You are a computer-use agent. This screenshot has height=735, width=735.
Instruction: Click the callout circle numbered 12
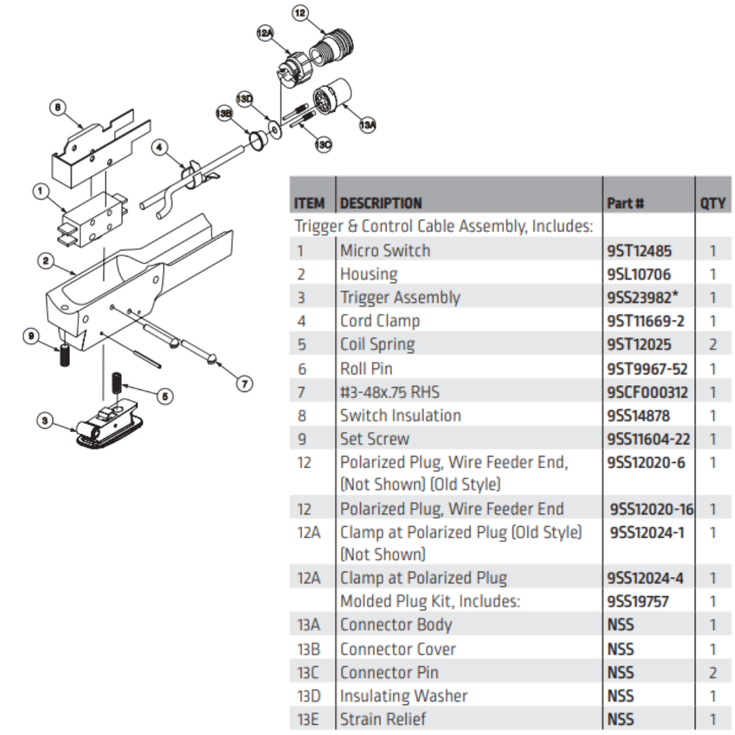click(x=300, y=12)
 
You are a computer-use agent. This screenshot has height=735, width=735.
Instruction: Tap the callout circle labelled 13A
click(x=367, y=125)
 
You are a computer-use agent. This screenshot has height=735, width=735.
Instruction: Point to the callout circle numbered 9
click(x=31, y=336)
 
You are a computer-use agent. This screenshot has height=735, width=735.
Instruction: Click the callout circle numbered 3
click(x=45, y=422)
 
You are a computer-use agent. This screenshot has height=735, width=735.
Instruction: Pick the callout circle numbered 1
click(x=41, y=193)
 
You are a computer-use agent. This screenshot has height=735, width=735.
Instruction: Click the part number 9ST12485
click(x=639, y=250)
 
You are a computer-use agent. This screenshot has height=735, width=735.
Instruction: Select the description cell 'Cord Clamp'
click(x=380, y=321)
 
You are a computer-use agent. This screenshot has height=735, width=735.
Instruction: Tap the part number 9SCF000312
click(x=647, y=392)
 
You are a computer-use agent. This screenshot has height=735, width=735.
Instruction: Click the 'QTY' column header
click(x=712, y=203)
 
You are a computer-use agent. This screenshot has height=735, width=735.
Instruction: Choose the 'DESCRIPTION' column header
click(x=380, y=203)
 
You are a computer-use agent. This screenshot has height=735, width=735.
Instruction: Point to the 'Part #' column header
click(x=625, y=203)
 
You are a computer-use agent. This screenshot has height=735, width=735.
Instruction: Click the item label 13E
click(x=308, y=719)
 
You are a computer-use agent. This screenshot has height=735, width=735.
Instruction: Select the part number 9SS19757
click(x=638, y=602)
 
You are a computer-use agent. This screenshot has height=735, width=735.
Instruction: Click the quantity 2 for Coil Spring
click(x=713, y=344)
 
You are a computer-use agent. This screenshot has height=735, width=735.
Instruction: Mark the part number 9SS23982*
click(x=643, y=297)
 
